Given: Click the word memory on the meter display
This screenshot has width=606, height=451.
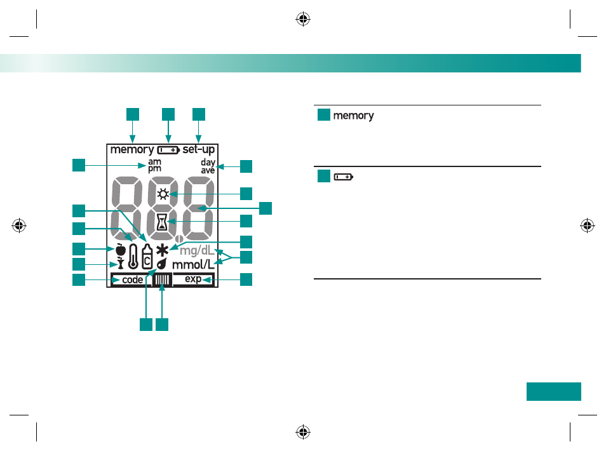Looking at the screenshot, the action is [132, 150].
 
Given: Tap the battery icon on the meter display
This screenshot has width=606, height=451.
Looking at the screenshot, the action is [168, 150].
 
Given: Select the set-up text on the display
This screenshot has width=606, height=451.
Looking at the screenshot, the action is [199, 149].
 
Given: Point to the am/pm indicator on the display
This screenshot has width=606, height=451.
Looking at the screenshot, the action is [154, 165].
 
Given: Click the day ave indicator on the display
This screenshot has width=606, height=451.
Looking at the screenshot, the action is [208, 166].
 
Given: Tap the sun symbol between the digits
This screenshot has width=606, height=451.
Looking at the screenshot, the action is [163, 194].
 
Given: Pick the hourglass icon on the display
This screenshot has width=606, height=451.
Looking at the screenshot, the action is [162, 222].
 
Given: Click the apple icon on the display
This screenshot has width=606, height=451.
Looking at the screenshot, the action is [121, 250].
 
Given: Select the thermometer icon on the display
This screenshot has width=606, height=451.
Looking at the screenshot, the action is [133, 256].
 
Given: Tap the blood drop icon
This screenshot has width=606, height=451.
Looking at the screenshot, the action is [162, 264].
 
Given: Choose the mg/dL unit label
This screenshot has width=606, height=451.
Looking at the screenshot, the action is [197, 251].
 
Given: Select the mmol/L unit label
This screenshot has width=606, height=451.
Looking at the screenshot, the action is [193, 265].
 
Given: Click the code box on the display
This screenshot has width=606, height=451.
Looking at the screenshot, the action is [131, 279].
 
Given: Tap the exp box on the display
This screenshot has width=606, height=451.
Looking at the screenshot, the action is [193, 279].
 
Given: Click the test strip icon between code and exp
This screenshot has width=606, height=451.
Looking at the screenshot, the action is [163, 279].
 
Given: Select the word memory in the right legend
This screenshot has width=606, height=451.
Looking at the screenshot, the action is [353, 116].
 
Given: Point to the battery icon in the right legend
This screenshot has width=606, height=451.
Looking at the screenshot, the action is [344, 177].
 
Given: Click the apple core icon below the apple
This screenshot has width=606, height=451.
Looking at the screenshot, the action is [121, 263].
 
